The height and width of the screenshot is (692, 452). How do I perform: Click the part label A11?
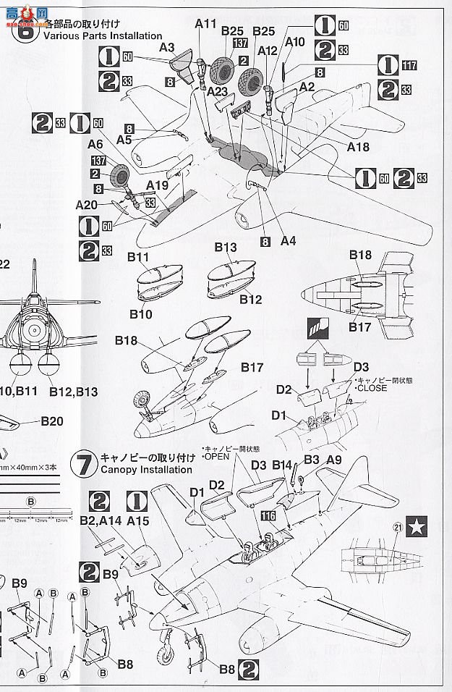tap(205, 25)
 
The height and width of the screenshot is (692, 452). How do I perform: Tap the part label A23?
tap(219, 92)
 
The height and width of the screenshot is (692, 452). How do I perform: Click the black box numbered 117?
tap(409, 66)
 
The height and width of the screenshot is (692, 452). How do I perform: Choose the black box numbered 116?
tap(270, 516)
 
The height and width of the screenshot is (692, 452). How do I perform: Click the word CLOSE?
tap(373, 388)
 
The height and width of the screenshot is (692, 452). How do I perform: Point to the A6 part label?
tap(96, 145)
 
